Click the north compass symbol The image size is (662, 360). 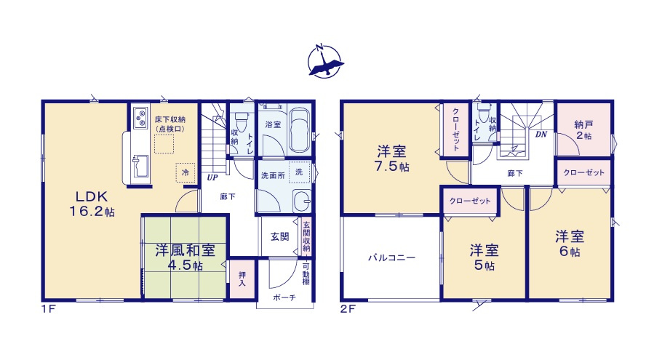pyautogui.click(x=325, y=60)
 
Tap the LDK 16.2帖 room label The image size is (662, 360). pyautogui.click(x=92, y=204)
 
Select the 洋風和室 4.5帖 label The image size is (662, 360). pyautogui.click(x=184, y=257)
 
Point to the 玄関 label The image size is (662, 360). pyautogui.click(x=280, y=236)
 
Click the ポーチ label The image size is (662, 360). pyautogui.click(x=284, y=298)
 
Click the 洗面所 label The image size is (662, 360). pyautogui.click(x=271, y=175)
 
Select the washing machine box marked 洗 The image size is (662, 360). pyautogui.click(x=298, y=171)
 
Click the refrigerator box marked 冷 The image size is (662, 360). pyautogui.click(x=186, y=172)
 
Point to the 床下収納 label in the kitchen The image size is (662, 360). pyautogui.click(x=169, y=123)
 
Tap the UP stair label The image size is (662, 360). pyautogui.click(x=212, y=177)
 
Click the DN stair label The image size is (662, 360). pyautogui.click(x=541, y=135)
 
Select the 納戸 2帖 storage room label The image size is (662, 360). pyautogui.click(x=582, y=129)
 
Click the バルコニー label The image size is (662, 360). pyautogui.click(x=391, y=257)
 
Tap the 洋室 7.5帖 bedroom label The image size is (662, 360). pyautogui.click(x=391, y=159)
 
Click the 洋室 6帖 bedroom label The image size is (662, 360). pyautogui.click(x=571, y=244)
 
